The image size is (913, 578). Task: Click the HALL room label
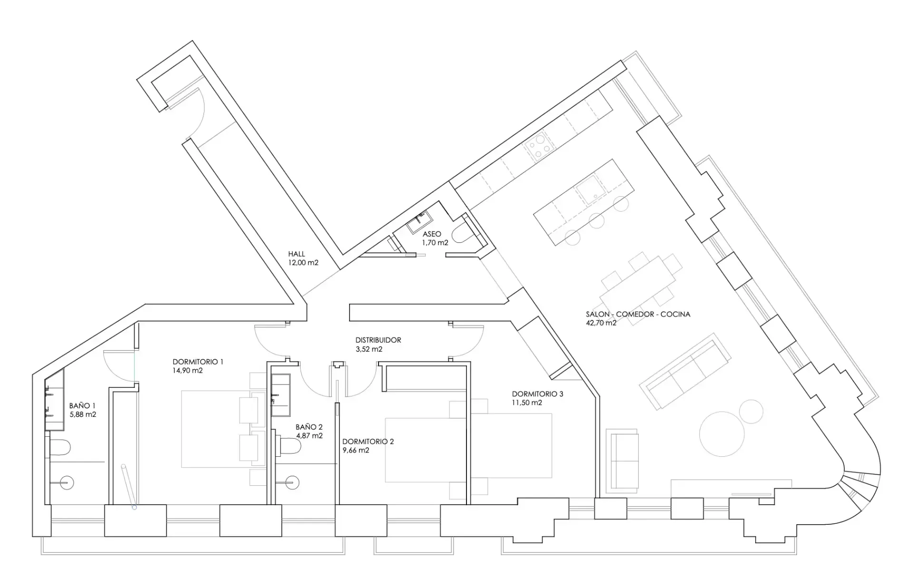tap(296, 254)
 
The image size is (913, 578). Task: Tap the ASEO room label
tap(432, 234)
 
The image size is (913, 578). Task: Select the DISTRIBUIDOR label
tap(378, 340)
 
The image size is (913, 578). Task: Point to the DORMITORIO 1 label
tap(198, 362)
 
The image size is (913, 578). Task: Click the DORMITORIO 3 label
tap(537, 394)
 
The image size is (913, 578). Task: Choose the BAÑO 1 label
tap(82, 405)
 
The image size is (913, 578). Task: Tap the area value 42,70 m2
tap(601, 323)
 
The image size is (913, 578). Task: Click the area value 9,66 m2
tap(356, 450)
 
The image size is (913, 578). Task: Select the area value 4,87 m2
tap(309, 435)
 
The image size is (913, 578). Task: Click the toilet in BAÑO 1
tap(60, 447)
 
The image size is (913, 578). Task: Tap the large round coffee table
tap(722, 434)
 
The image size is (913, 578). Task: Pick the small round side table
tap(751, 411)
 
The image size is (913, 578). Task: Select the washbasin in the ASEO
tap(419, 221)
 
